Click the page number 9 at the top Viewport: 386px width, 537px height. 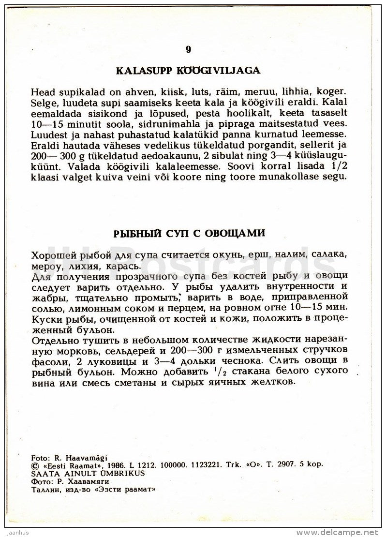click(188, 49)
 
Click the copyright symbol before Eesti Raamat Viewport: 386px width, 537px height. click(33, 463)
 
